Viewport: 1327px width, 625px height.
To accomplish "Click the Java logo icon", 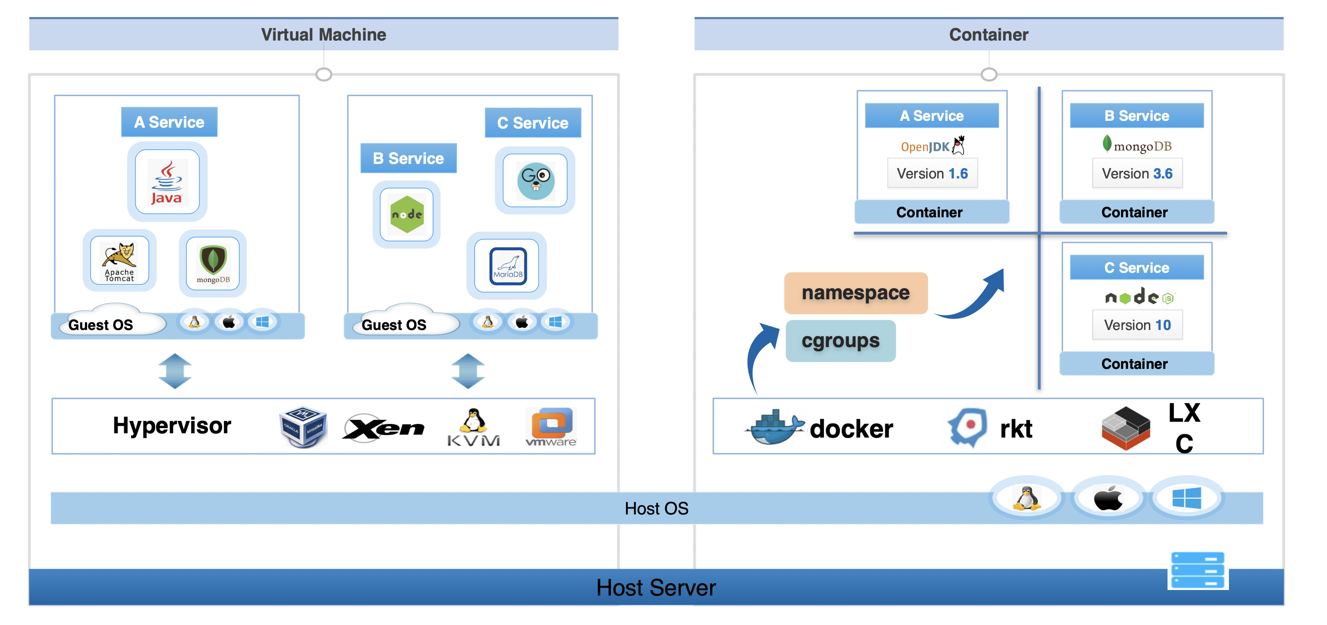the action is coord(167,182).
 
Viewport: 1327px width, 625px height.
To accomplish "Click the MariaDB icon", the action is coord(508,266).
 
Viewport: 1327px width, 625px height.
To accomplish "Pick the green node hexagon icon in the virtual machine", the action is coord(406,214).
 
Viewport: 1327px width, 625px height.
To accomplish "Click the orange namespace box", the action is coord(856,293).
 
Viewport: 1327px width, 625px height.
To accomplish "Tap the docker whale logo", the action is coord(774,427).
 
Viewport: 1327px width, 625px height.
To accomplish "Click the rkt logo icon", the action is coord(968,426).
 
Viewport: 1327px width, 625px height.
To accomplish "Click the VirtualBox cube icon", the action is coord(303,426).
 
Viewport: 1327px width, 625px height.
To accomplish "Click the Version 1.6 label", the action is coord(933,174).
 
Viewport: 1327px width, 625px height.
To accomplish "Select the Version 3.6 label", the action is coord(1137,174).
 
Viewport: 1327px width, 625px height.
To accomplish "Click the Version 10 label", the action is coord(1137,325).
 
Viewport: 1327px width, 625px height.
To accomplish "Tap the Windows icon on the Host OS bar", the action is coord(1186,498).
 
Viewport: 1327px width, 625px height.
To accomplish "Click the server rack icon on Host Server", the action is coord(1197,570).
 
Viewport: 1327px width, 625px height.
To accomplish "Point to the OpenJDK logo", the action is coord(933,146).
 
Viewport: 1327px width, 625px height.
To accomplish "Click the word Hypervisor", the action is coord(172,426).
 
